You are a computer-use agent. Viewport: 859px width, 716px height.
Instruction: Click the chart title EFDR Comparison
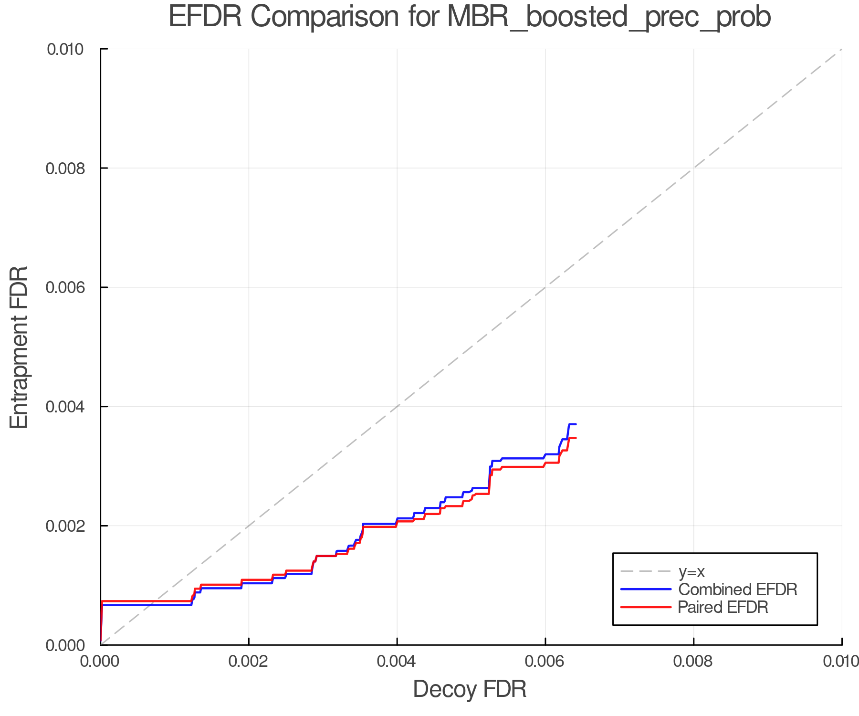point(470,17)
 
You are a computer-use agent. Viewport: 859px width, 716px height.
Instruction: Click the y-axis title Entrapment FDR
point(19,347)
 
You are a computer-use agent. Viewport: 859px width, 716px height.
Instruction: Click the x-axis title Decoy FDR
point(470,689)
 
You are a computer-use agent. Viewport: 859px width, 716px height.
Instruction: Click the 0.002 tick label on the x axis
point(249,662)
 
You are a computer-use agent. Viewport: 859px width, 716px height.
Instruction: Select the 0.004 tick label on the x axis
point(397,662)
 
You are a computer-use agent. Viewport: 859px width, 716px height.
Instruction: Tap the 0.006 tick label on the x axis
point(545,662)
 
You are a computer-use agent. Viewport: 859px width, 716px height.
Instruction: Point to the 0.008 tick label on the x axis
point(693,662)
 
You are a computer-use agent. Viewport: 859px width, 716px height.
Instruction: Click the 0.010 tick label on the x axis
point(841,662)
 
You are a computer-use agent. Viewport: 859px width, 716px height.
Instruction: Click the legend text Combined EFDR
point(738,590)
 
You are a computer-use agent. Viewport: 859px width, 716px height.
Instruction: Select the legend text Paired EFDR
point(723,607)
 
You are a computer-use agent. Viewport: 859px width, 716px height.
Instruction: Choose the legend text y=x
point(691,571)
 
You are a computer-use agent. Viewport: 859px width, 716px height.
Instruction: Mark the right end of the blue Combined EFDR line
point(576,424)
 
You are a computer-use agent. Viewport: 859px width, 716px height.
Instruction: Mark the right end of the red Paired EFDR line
point(576,438)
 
